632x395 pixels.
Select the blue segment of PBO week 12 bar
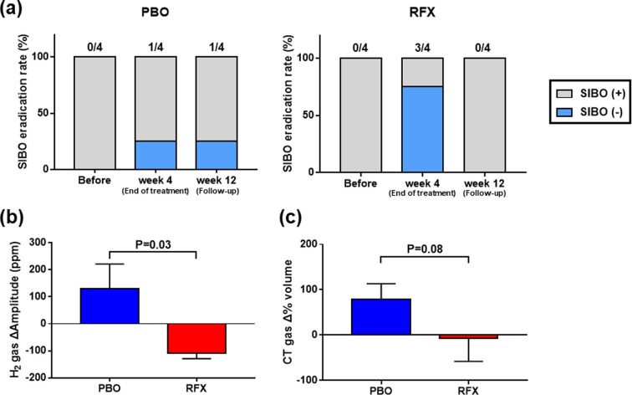click(x=221, y=156)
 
